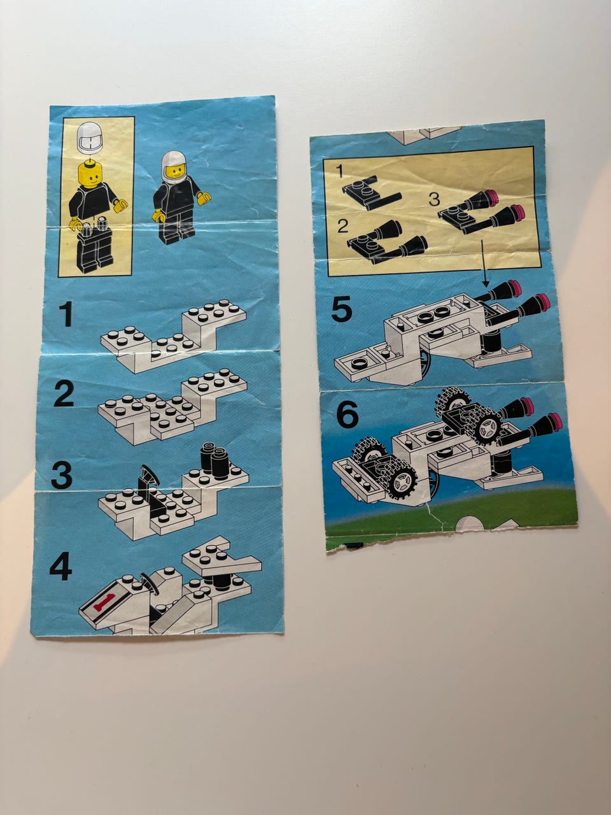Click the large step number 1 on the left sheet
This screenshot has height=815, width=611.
(x=67, y=314)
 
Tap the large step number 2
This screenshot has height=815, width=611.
(x=64, y=393)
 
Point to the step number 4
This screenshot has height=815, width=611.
(x=61, y=566)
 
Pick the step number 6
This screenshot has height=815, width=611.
(x=347, y=414)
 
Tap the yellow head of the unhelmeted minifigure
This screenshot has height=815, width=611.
(x=89, y=174)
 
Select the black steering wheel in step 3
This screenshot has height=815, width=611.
(x=150, y=476)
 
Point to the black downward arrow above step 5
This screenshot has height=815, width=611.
(x=484, y=263)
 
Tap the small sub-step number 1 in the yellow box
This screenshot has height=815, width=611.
(x=339, y=171)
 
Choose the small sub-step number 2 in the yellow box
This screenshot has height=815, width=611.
(x=343, y=225)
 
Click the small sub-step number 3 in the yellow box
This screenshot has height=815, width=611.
(x=434, y=199)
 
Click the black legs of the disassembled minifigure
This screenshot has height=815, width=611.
(x=94, y=250)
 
